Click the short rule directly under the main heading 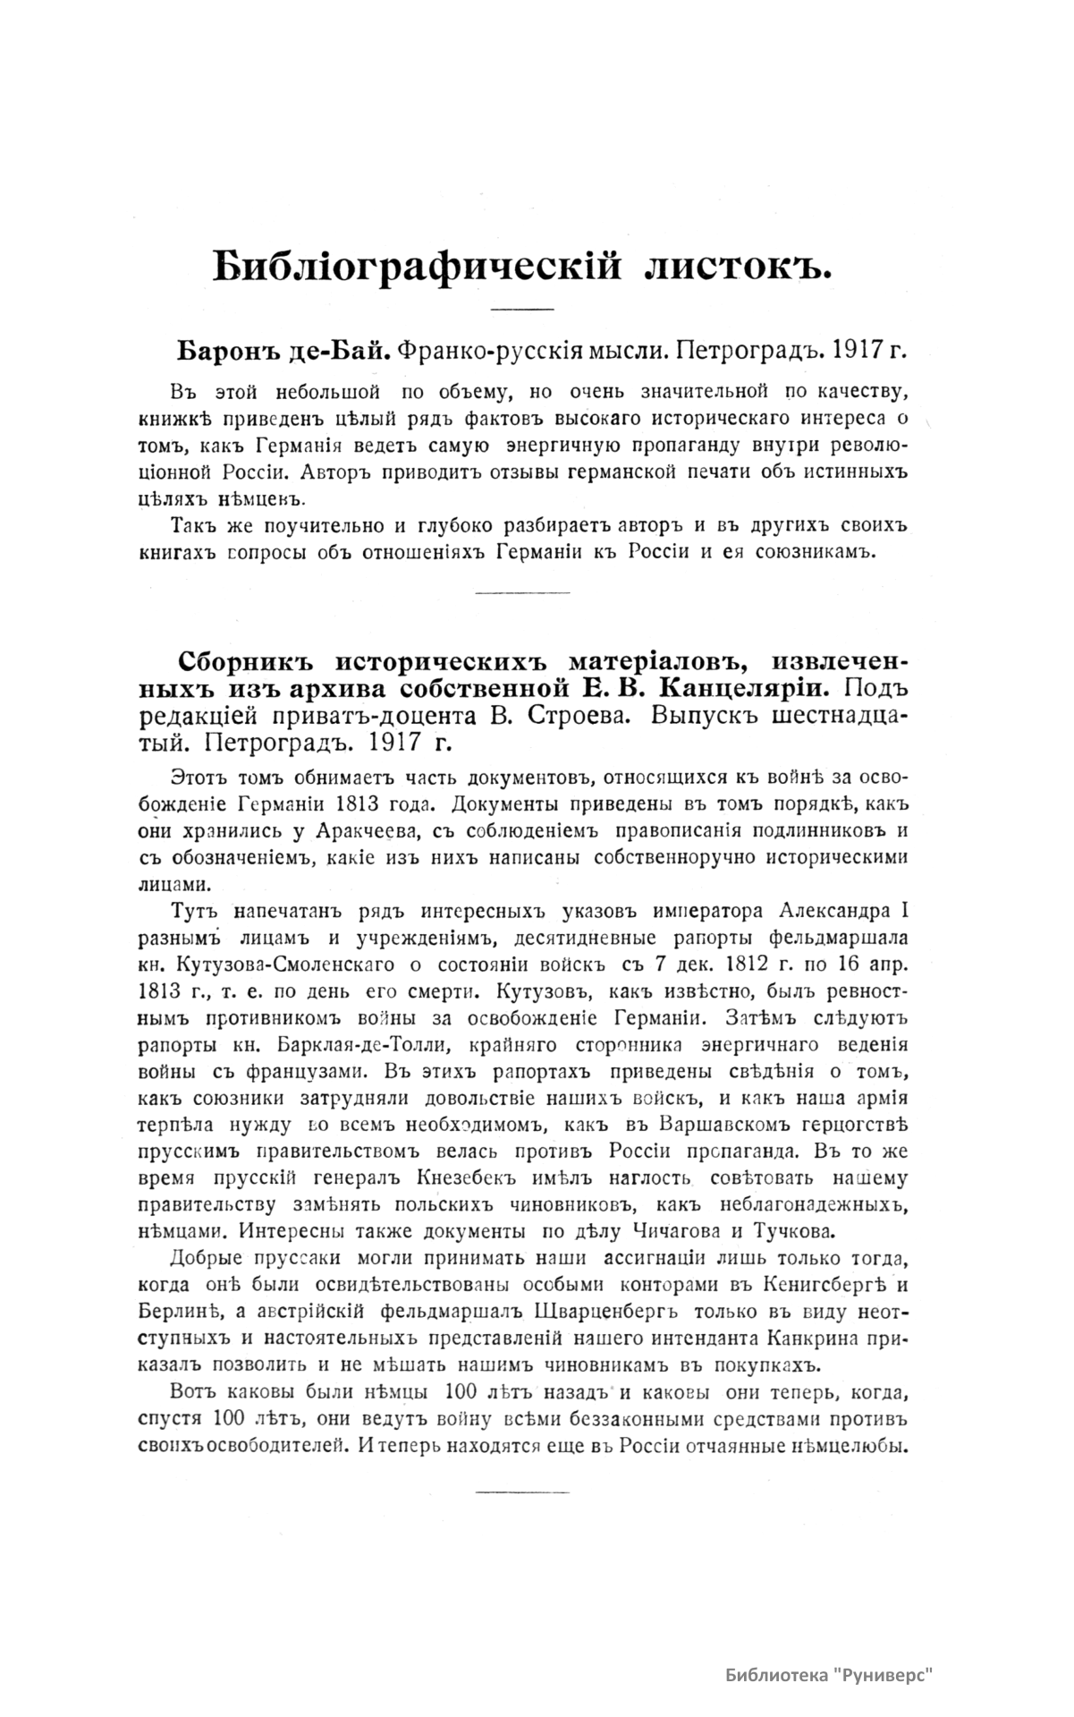click(x=523, y=310)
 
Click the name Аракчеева click(x=368, y=831)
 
